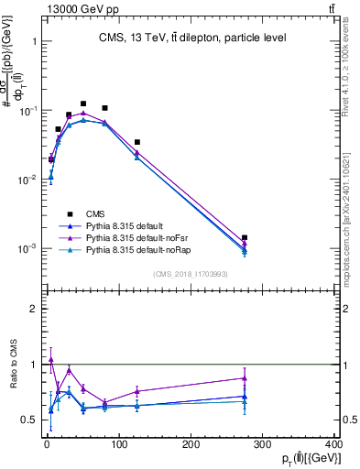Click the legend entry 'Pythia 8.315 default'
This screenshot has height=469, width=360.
pos(128,224)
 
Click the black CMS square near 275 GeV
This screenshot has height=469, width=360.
pos(245,237)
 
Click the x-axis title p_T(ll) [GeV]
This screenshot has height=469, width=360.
pos(306,459)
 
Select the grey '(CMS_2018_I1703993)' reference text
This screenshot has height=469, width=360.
pos(191,272)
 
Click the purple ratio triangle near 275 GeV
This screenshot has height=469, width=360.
pos(245,377)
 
